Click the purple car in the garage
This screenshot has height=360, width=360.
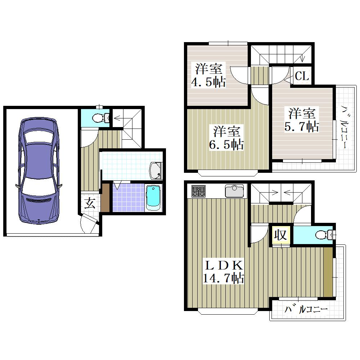pyautogui.click(x=39, y=171)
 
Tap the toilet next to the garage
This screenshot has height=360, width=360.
pyautogui.click(x=100, y=118)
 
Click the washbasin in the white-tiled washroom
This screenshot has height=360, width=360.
pyautogui.click(x=156, y=171)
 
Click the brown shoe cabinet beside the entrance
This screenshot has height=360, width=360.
pyautogui.click(x=105, y=198)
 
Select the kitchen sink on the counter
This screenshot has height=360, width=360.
pyautogui.click(x=234, y=190)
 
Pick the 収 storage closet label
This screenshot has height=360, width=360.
pyautogui.click(x=280, y=235)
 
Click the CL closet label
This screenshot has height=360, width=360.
pyautogui.click(x=302, y=76)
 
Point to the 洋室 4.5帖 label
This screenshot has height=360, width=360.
pyautogui.click(x=208, y=75)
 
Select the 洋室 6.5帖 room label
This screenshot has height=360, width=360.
pyautogui.click(x=226, y=138)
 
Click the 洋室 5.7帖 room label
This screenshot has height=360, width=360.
pyautogui.click(x=302, y=120)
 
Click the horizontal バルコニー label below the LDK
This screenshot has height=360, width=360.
pyautogui.click(x=306, y=309)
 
